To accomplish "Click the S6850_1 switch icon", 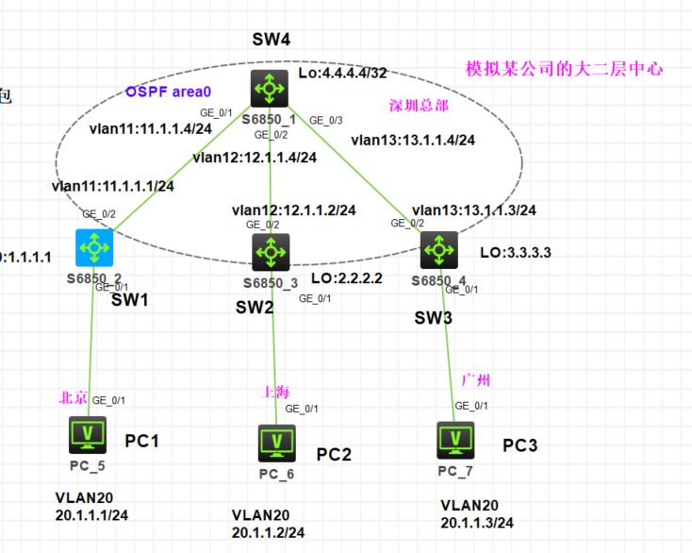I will [x=270, y=88].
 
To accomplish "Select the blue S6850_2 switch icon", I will [x=93, y=248].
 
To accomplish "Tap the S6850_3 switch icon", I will [x=271, y=252].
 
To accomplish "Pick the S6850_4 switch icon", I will [x=438, y=251].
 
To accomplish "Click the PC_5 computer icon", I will [x=89, y=435].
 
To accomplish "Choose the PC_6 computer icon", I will [x=276, y=442].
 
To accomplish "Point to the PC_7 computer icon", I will [x=456, y=439].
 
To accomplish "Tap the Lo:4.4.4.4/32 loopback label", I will [x=342, y=74].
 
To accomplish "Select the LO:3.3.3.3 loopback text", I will [x=516, y=253].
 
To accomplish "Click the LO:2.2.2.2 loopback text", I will [x=346, y=278].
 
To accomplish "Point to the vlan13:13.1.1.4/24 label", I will [x=412, y=141].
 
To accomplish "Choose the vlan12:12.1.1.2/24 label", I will [x=293, y=209].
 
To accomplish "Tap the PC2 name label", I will [x=334, y=455].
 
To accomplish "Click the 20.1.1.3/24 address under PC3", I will [x=476, y=523].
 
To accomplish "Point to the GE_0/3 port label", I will [x=326, y=120].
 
